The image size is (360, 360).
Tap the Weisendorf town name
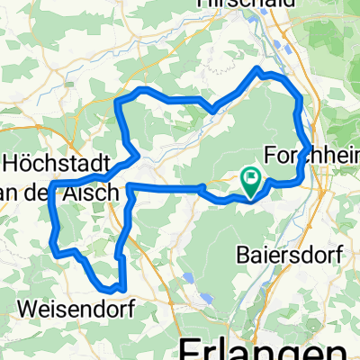(76, 309)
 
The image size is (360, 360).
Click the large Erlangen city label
(261, 347)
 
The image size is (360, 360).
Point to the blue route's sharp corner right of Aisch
(130, 186)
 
